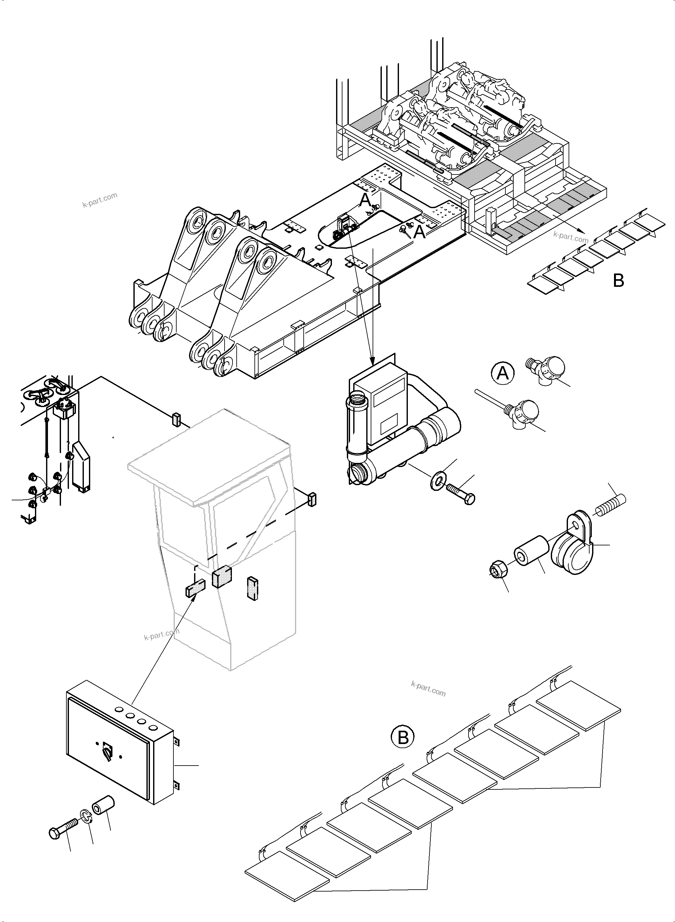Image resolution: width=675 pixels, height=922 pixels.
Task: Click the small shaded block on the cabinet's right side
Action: (x=312, y=499)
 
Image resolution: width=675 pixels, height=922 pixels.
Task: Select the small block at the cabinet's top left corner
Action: (x=176, y=419)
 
